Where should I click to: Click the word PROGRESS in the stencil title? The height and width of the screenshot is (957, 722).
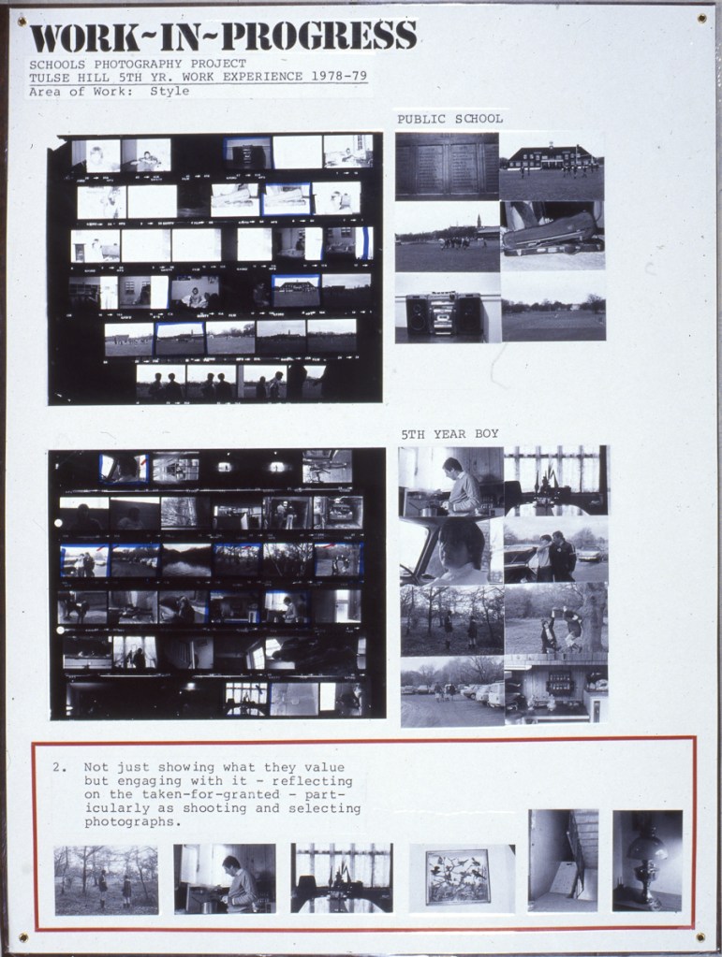[x=319, y=36]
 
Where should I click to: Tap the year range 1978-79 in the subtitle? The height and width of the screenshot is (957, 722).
[x=337, y=77]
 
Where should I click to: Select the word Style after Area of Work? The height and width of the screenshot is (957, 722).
[x=169, y=92]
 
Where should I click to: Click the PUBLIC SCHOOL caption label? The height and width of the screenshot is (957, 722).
[x=450, y=119]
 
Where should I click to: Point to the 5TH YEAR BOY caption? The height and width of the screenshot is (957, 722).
[x=450, y=434]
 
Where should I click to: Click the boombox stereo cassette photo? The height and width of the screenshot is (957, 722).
[x=448, y=308]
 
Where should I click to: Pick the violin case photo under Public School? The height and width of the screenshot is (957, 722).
[x=553, y=236]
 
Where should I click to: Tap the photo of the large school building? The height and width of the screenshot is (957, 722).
[x=552, y=167]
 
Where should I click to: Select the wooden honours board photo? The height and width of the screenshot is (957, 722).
[x=447, y=167]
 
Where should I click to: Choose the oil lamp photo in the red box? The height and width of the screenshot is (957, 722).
[x=647, y=862]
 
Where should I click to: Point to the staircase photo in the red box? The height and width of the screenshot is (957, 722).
[x=563, y=862]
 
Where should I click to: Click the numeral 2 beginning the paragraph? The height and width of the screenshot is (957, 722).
[x=57, y=768]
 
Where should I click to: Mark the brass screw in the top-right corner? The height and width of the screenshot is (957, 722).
[x=701, y=19]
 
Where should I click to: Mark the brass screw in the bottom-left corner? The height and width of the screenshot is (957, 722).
[x=23, y=936]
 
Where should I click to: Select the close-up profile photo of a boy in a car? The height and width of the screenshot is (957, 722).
[x=451, y=551]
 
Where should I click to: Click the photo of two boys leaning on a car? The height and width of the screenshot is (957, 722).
[x=556, y=550]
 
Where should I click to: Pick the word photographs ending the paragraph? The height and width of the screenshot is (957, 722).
[x=132, y=822]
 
